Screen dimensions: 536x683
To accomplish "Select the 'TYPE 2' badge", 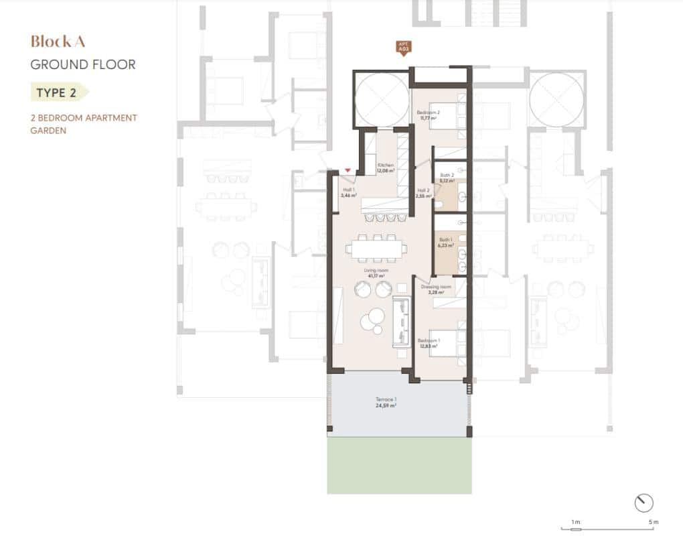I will pos(56,92).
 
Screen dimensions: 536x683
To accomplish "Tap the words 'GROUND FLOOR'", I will pos(83,65).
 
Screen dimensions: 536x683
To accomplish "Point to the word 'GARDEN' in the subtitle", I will pos(48,131).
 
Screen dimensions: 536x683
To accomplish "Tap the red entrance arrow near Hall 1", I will pos(348,172).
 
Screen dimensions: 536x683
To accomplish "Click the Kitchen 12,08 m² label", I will pos(386,167).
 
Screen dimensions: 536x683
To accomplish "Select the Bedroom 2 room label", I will pos(427,115).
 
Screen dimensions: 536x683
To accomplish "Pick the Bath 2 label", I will pos(447,178).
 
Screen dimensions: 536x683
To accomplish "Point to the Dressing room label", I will pos(435,289).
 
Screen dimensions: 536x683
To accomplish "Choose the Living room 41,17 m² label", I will pos(374,273).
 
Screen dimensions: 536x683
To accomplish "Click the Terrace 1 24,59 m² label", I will pos(386,403).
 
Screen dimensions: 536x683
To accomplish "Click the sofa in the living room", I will pos(400,320).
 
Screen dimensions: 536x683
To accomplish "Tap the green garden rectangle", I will pos(399,465).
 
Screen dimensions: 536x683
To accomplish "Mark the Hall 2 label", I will pos(423,194).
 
